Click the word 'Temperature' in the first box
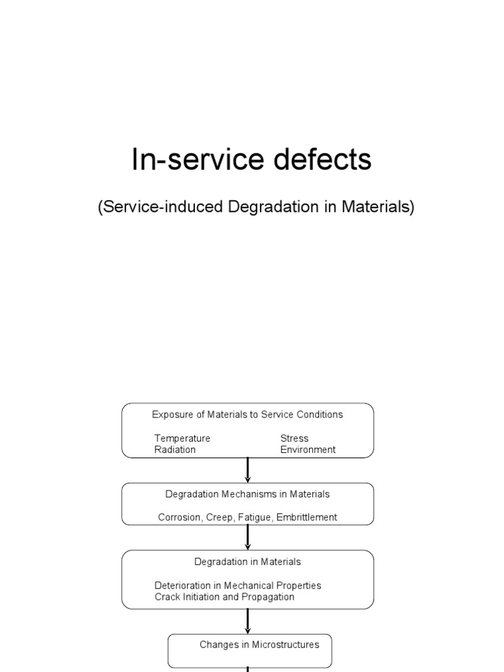(x=182, y=438)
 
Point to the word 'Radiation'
(x=175, y=450)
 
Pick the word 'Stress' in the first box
(x=294, y=438)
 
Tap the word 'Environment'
(x=308, y=450)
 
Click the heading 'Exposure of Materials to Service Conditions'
(x=247, y=414)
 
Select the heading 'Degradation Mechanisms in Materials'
(x=247, y=493)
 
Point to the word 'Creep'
(x=220, y=517)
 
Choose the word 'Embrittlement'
(x=306, y=517)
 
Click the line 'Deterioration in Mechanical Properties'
(x=238, y=585)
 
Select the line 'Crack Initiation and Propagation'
(x=224, y=597)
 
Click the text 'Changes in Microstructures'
(x=259, y=644)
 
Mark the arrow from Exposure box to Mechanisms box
(x=247, y=470)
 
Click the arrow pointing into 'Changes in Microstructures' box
(x=247, y=621)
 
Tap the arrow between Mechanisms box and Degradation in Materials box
(x=247, y=537)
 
